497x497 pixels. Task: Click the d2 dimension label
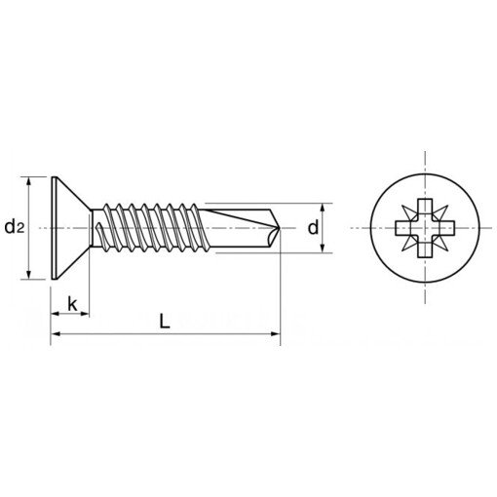[14, 228]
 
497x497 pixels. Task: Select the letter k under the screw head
[71, 303]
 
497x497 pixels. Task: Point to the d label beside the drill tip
[312, 228]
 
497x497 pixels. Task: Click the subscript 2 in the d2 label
[20, 231]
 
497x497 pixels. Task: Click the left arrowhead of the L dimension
[55, 334]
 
